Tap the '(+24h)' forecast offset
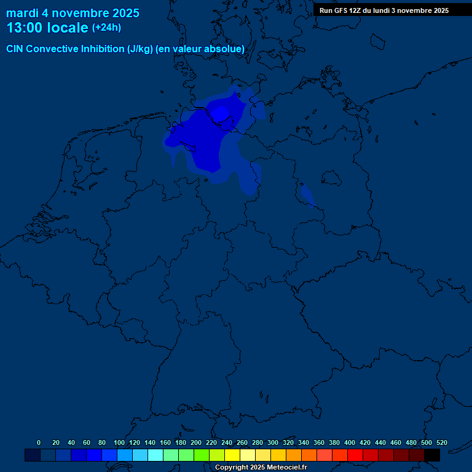point(106,27)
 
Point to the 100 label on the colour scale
point(119,442)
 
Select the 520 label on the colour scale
point(441,442)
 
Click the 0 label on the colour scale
point(39,442)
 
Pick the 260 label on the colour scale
point(242,442)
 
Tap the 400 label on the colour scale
point(350,442)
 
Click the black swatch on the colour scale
point(432,455)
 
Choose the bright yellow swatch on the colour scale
point(232,455)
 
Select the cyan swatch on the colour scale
point(155,455)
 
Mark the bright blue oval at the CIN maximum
point(220,113)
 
